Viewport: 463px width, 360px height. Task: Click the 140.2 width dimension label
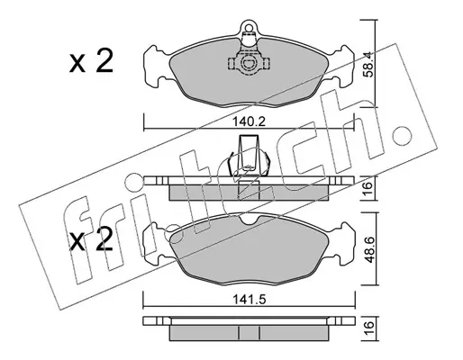pyautogui.click(x=250, y=121)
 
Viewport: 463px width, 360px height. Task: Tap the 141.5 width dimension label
pyautogui.click(x=250, y=299)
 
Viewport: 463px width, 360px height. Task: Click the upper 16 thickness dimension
pyautogui.click(x=368, y=189)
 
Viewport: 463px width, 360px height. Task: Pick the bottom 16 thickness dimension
pyautogui.click(x=368, y=325)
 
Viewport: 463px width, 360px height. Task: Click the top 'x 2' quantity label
pyautogui.click(x=91, y=62)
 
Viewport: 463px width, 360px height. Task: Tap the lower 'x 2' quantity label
pyautogui.click(x=91, y=239)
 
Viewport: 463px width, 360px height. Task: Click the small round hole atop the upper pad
pyautogui.click(x=249, y=28)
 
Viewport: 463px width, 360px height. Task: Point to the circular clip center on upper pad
pyautogui.click(x=249, y=63)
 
